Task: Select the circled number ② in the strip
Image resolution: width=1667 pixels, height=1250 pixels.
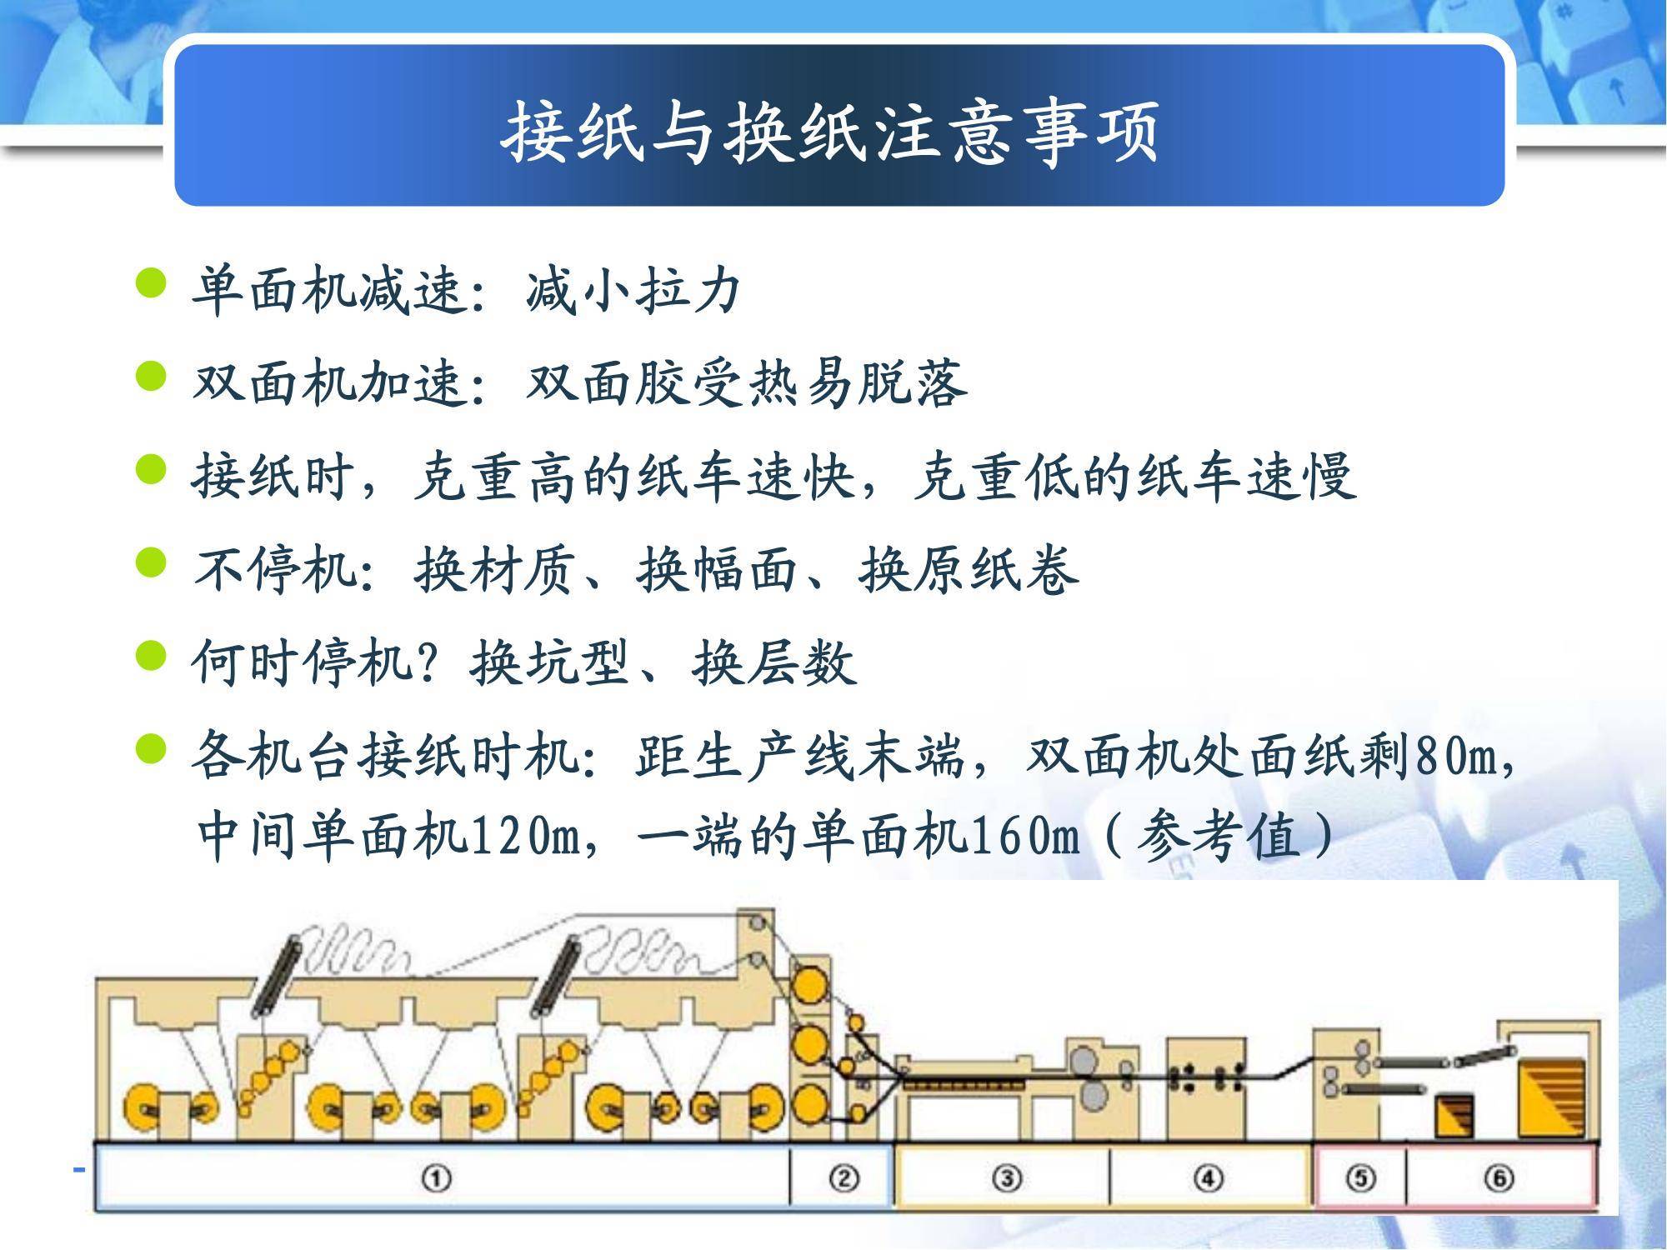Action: point(844,1178)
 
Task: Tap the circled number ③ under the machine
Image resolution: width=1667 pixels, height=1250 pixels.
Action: point(1007,1178)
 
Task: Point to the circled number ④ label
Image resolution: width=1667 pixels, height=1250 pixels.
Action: point(1208,1178)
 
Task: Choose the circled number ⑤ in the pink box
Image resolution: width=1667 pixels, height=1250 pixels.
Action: point(1361,1178)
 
